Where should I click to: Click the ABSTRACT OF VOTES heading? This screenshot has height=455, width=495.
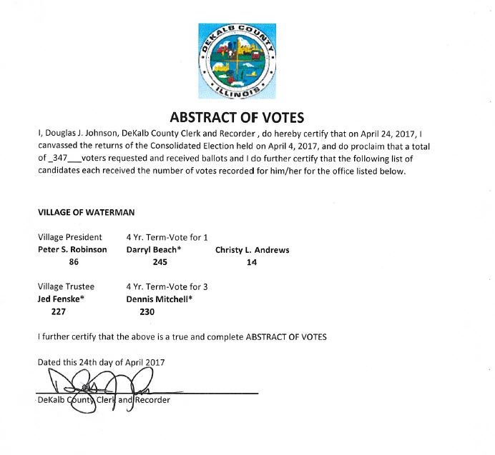(247, 116)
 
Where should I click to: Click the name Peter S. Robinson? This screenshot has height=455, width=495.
(72, 250)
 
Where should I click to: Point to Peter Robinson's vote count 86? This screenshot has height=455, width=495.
(72, 262)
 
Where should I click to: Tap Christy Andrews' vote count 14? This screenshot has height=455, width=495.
(252, 262)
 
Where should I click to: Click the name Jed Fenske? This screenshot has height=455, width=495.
(61, 299)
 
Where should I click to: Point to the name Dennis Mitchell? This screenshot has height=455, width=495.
(162, 299)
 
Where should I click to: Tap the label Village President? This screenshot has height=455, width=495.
(69, 237)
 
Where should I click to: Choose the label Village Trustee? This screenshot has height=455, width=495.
(66, 286)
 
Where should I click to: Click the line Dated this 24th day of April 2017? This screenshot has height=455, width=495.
(101, 362)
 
